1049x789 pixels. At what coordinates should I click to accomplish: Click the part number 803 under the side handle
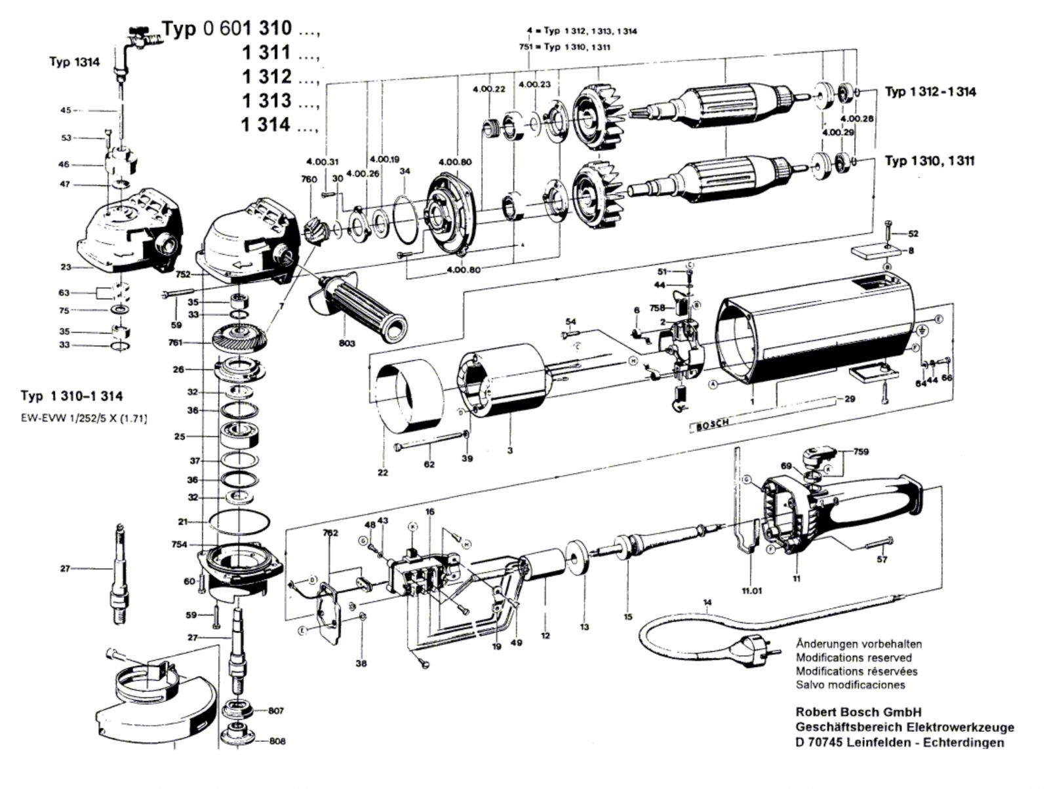coord(347,343)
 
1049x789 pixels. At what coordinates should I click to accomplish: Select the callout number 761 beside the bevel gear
coord(175,342)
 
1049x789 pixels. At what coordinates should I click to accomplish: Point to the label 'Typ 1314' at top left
coord(74,62)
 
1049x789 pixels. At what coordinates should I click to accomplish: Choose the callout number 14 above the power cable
coord(707,602)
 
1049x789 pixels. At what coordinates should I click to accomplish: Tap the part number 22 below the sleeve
coord(382,472)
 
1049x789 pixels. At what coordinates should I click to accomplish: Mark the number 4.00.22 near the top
coord(488,89)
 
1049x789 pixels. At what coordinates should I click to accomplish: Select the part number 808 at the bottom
coord(276,742)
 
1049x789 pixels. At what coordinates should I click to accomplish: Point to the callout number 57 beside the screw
coord(882,559)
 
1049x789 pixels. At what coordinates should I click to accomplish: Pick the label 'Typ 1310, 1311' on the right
coord(929,161)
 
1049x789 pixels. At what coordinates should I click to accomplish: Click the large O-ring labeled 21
coord(240,522)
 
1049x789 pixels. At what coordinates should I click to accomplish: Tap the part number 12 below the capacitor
coord(545,634)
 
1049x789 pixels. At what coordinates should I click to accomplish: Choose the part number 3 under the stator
coord(509,450)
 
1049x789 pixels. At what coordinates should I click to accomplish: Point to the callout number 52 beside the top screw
coord(913,234)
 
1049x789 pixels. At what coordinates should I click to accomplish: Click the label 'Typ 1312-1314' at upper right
coord(930,92)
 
